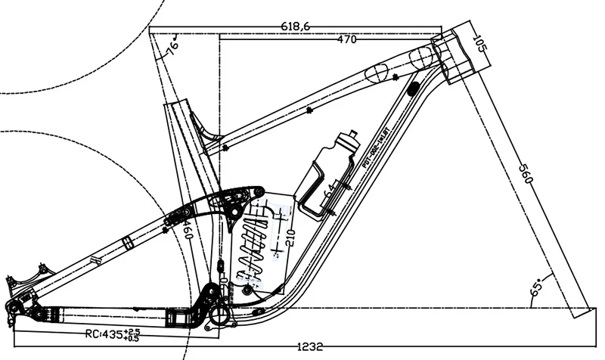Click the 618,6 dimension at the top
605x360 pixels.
coord(295,26)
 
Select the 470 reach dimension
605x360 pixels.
coord(346,40)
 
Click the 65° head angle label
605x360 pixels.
coord(538,288)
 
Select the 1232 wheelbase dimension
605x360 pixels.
coord(310,347)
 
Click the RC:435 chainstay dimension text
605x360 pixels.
coord(104,334)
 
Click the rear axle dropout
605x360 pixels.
coord(13,307)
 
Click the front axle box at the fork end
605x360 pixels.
coord(579,312)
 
